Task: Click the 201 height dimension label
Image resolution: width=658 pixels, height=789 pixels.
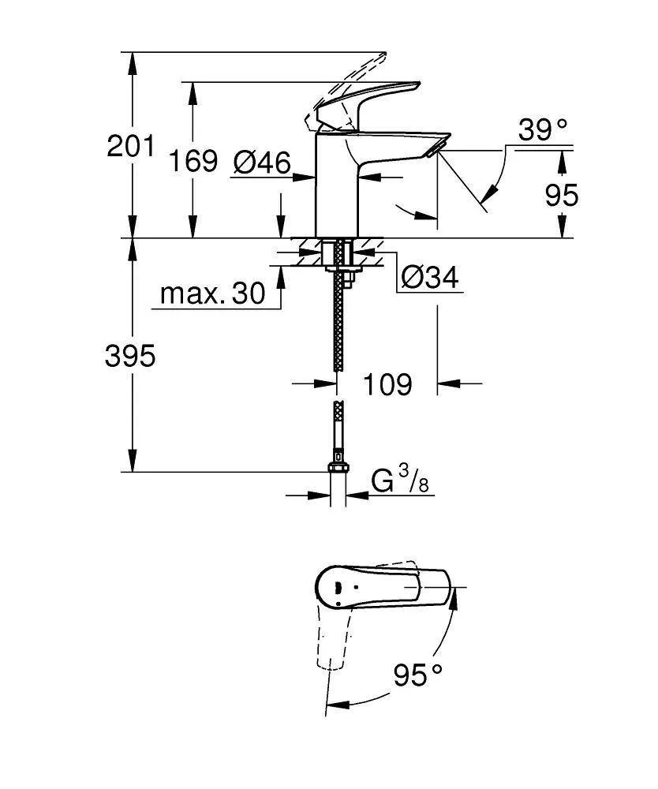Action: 131,147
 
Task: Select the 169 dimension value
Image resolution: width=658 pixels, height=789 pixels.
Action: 193,162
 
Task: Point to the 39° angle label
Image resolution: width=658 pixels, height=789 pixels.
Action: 543,130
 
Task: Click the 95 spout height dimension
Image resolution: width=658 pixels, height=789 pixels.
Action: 562,194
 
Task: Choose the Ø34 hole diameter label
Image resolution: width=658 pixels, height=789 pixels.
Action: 429,277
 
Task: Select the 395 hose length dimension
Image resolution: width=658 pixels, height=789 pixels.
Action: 131,357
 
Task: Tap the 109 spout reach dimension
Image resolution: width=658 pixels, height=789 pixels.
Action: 387,384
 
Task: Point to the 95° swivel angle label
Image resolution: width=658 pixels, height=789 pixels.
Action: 418,675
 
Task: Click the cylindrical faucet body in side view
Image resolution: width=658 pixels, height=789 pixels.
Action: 338,185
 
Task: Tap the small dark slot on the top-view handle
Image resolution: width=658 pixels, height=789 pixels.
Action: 337,586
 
